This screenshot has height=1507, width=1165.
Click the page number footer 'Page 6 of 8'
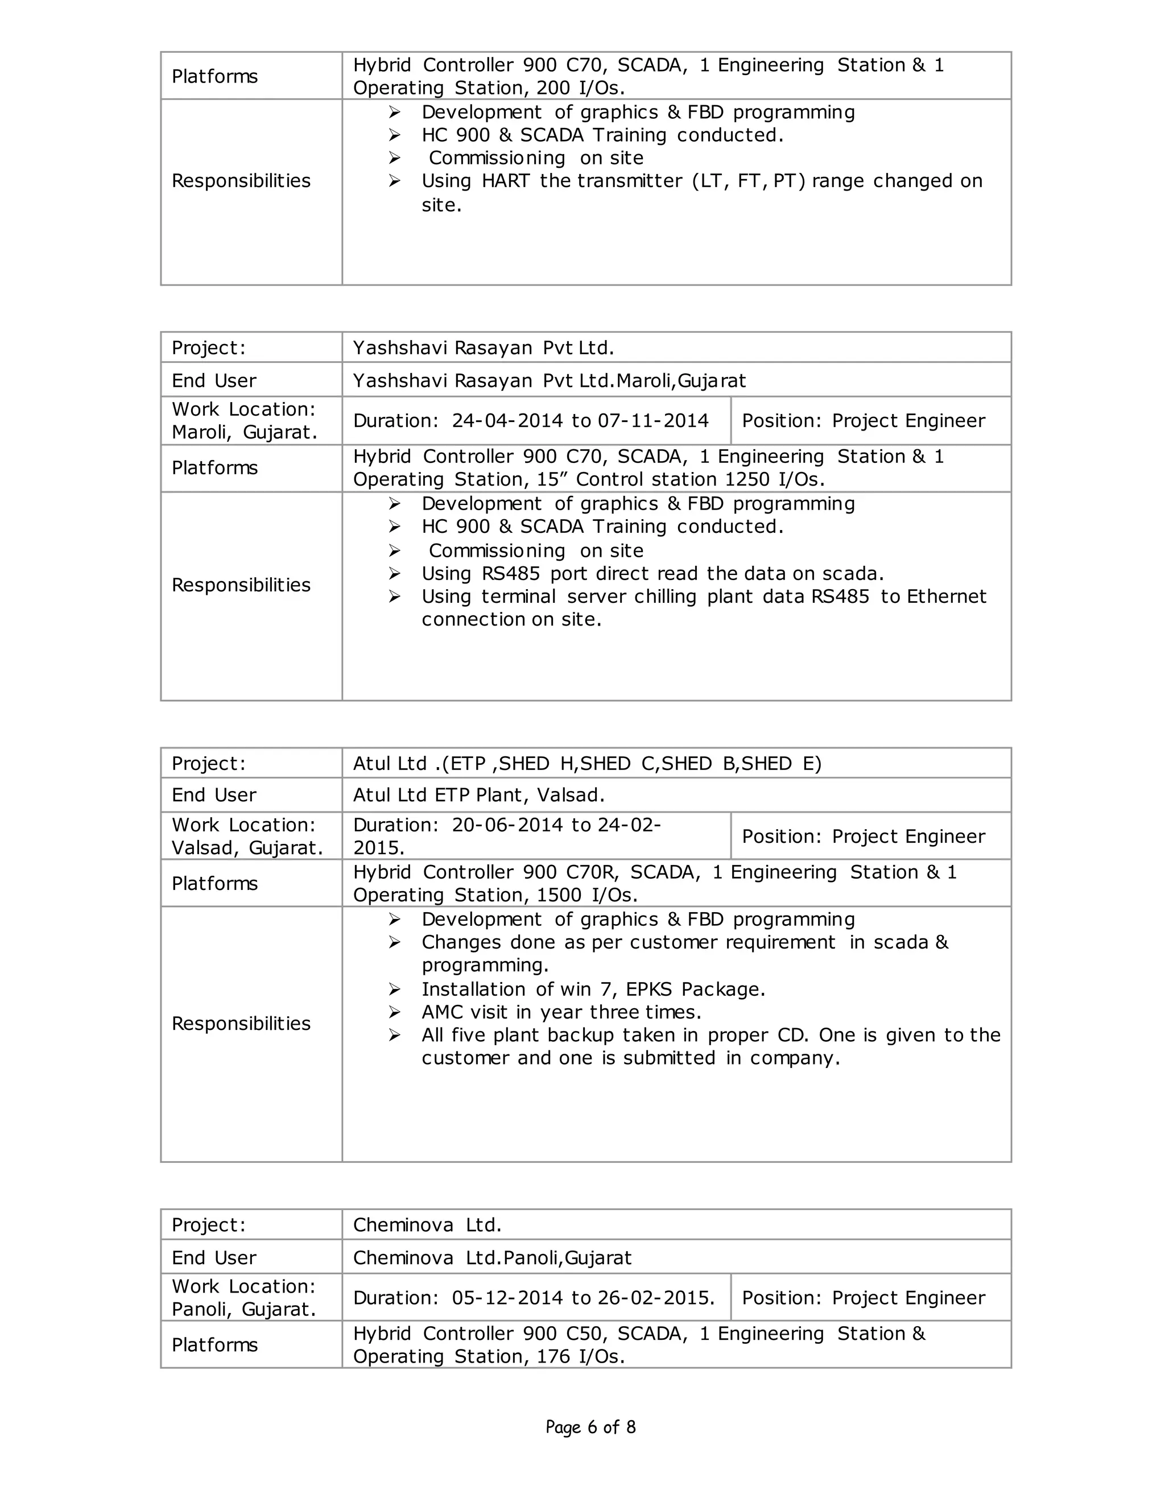[x=590, y=1427]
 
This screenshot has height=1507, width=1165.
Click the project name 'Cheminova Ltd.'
[x=427, y=1225]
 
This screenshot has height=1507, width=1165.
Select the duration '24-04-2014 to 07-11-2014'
[x=580, y=421]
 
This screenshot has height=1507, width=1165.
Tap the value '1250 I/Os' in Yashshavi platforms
[x=774, y=479]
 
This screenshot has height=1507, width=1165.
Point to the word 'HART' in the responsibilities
[x=505, y=181]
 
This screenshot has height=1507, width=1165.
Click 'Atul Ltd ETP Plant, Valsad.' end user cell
[x=478, y=795]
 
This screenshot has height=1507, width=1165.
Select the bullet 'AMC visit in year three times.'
[x=561, y=1012]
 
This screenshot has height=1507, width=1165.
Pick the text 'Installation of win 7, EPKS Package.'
[x=593, y=990]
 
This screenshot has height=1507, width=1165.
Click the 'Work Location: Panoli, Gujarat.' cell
[x=243, y=1298]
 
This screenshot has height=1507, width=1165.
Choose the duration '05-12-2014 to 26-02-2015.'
[x=583, y=1298]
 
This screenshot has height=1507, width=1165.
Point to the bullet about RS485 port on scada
[x=652, y=573]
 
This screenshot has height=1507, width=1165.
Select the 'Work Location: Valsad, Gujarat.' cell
[x=247, y=837]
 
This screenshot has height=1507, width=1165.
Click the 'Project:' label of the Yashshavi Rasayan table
[x=208, y=348]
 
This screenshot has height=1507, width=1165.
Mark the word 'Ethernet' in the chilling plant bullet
[x=946, y=596]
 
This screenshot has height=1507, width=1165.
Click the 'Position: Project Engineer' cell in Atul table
[x=863, y=837]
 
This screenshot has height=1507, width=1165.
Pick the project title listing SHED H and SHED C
[x=586, y=763]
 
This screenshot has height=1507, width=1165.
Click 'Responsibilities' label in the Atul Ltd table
[x=241, y=1023]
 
